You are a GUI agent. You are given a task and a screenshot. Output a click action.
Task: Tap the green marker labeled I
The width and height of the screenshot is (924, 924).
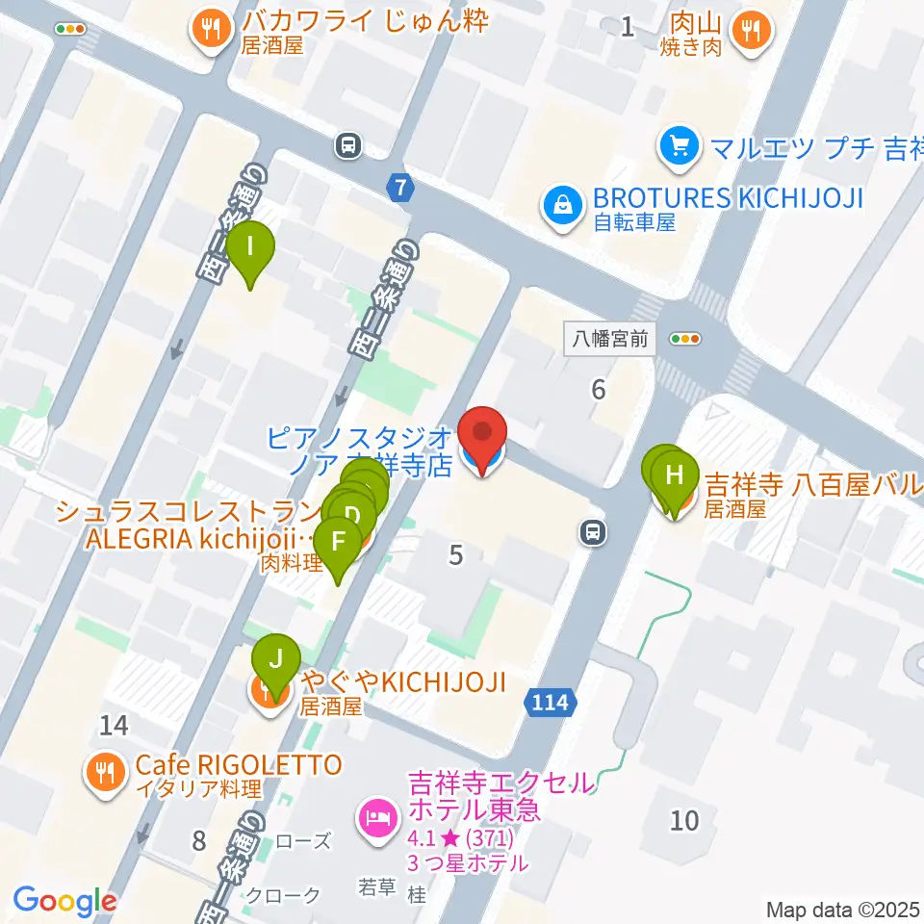pos(252,248)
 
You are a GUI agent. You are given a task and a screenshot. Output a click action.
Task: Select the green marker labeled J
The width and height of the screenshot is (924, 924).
pos(275,661)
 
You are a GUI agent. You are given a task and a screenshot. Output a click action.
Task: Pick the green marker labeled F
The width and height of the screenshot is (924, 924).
pos(338,543)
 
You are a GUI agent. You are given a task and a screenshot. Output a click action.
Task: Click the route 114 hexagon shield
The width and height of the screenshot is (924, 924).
pos(553,703)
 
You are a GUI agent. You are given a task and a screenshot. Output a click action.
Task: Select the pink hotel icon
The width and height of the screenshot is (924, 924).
pos(374,819)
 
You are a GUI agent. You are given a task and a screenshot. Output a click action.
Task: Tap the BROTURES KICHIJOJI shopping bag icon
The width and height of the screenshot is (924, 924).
pos(558,204)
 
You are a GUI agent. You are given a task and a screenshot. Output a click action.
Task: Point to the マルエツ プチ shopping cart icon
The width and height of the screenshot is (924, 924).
pos(678,146)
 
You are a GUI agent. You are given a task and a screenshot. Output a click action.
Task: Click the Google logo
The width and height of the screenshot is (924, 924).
pos(64,901)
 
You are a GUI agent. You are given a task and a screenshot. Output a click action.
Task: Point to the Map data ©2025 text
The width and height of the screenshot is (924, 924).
pos(843,909)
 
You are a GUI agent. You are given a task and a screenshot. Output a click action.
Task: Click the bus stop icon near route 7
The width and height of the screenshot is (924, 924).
pos(347,145)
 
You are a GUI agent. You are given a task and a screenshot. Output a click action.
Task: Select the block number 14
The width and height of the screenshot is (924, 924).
pos(114,727)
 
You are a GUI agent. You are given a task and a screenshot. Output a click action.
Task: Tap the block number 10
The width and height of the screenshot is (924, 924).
pos(684,820)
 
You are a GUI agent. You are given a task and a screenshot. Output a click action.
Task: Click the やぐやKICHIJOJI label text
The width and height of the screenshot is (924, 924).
pos(402,682)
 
